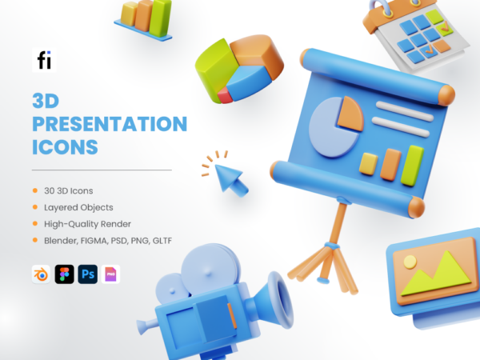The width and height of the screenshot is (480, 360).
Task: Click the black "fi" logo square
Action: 42,60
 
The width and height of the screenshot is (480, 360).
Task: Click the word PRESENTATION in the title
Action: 109,125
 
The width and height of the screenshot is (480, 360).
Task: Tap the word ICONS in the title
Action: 65,148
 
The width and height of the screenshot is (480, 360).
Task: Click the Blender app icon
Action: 40,274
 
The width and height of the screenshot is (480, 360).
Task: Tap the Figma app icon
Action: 64,274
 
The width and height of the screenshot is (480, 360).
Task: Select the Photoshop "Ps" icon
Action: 87,274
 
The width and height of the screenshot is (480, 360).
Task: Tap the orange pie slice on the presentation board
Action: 350,113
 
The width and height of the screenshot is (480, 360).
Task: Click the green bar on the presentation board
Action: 413,164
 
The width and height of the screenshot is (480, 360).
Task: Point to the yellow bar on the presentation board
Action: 369,163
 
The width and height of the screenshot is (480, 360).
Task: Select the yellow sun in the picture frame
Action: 409,261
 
